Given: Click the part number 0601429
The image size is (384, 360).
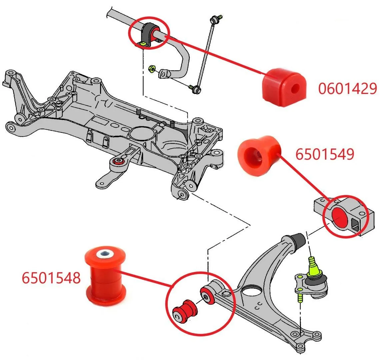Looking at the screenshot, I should point(347,89).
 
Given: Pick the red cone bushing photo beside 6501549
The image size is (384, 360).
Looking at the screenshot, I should point(259,154).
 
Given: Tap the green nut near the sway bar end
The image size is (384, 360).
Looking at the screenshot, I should point(151,70).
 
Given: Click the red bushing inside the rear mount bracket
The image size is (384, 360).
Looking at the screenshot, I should point(339,216).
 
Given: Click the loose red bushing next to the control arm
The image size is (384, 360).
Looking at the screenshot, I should point(185,311).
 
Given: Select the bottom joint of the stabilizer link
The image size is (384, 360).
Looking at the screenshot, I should point(197,89).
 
